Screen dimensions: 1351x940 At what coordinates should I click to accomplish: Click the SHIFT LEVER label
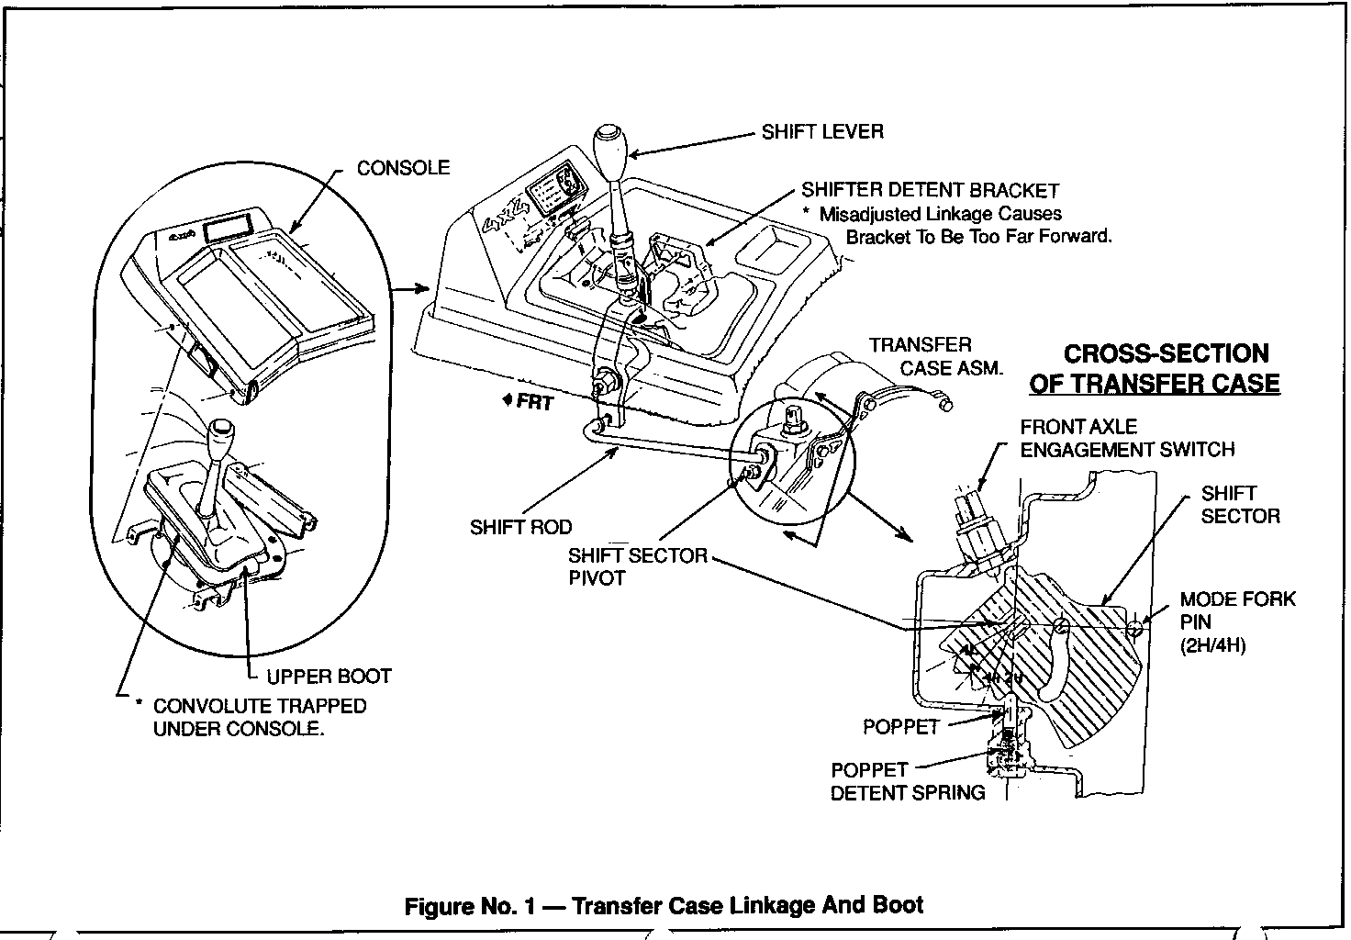pyautogui.click(x=822, y=132)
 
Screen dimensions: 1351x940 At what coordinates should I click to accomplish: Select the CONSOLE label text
pyautogui.click(x=403, y=168)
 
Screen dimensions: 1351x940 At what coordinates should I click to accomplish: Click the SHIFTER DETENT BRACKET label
pyautogui.click(x=930, y=191)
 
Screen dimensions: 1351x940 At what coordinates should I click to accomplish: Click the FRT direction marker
pyautogui.click(x=529, y=402)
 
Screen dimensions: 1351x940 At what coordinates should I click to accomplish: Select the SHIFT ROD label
pyautogui.click(x=520, y=527)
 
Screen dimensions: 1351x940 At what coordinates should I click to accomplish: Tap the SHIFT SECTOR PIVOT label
pyautogui.click(x=638, y=566)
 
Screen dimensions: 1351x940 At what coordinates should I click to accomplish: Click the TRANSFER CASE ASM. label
pyautogui.click(x=935, y=356)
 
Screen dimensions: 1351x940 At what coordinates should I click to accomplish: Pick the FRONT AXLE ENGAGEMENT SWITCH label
pyautogui.click(x=1127, y=439)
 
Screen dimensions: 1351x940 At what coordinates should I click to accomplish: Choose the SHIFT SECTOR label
pyautogui.click(x=1240, y=505)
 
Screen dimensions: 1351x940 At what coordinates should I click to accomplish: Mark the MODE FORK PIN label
pyautogui.click(x=1237, y=622)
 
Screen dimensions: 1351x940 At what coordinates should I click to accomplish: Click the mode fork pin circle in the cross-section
pyautogui.click(x=1134, y=630)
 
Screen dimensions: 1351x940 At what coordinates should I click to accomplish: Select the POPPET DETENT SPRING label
pyautogui.click(x=908, y=781)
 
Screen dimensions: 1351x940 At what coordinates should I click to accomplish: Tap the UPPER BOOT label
pyautogui.click(x=329, y=677)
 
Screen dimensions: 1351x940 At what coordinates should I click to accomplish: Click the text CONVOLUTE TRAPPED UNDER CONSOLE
pyautogui.click(x=260, y=717)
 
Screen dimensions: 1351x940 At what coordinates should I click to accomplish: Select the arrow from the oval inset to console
pyautogui.click(x=410, y=289)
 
